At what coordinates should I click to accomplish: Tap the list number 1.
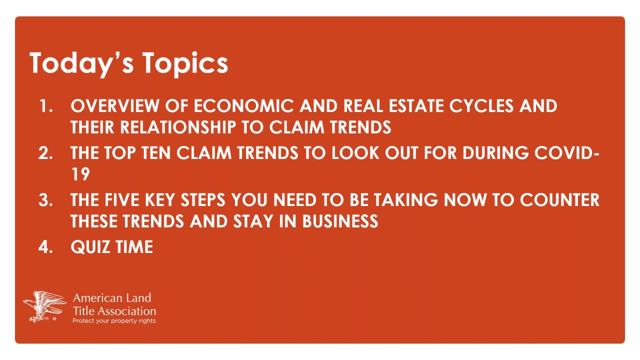[x=45, y=106]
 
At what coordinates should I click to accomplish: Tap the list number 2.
[x=45, y=153]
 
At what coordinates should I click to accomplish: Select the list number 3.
[x=45, y=200]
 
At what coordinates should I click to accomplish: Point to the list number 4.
[x=45, y=247]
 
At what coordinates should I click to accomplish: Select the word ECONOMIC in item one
[x=243, y=106]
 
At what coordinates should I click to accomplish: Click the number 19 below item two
[x=80, y=174]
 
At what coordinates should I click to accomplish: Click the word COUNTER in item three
[x=559, y=200]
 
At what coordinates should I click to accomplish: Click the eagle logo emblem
[x=44, y=306]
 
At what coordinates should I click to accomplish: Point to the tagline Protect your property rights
[x=114, y=321]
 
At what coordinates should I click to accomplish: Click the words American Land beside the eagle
[x=112, y=298]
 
